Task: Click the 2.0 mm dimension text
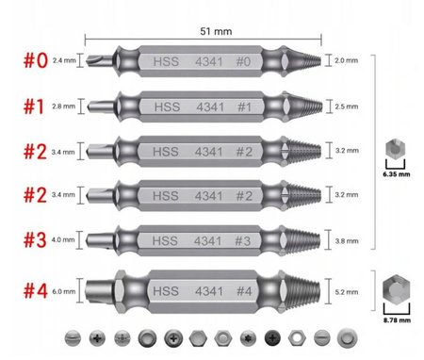[346, 59]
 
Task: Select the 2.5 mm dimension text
[346, 106]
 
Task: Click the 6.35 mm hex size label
[395, 174]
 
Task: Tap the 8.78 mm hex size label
[396, 320]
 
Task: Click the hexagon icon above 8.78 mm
[396, 291]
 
